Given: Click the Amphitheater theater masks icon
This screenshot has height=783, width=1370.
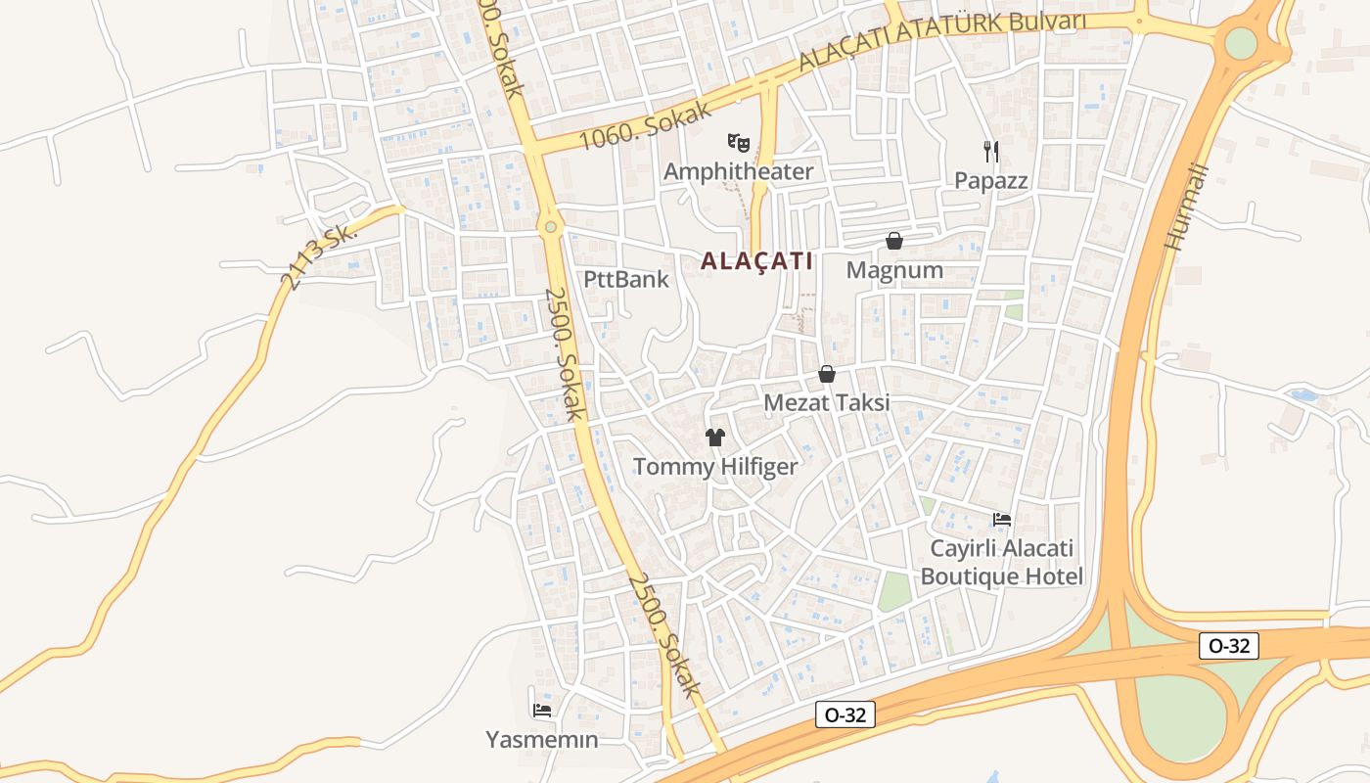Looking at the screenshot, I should pyautogui.click(x=738, y=143).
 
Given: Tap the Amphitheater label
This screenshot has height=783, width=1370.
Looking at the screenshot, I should pyautogui.click(x=738, y=172).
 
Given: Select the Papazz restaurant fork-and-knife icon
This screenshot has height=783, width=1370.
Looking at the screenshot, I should pyautogui.click(x=991, y=151).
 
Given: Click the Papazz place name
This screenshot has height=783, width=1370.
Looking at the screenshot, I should pyautogui.click(x=991, y=180).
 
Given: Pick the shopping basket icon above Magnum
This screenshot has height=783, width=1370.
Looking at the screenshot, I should pyautogui.click(x=893, y=240).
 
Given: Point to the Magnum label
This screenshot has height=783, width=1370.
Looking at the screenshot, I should pyautogui.click(x=894, y=270).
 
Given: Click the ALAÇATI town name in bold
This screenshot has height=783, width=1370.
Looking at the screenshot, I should pyautogui.click(x=756, y=261).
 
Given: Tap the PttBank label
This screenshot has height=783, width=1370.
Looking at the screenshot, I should pyautogui.click(x=626, y=279).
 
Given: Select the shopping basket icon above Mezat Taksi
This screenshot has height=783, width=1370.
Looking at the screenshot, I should pyautogui.click(x=827, y=374).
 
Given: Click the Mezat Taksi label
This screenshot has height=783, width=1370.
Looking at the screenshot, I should pyautogui.click(x=827, y=402).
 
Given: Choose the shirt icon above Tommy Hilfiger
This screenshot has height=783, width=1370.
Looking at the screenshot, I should pyautogui.click(x=715, y=437).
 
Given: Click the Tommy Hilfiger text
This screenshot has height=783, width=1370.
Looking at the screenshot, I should pyautogui.click(x=715, y=467).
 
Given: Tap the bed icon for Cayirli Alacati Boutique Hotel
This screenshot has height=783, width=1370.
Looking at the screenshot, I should pyautogui.click(x=1001, y=519).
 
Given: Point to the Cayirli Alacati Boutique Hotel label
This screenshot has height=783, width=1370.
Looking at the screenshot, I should pyautogui.click(x=1002, y=562).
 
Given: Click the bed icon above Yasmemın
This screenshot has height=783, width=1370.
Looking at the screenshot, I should pyautogui.click(x=541, y=710).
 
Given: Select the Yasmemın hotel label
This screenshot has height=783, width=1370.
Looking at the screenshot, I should pyautogui.click(x=541, y=739).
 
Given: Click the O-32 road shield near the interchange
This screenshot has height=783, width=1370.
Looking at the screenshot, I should pyautogui.click(x=1228, y=646).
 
